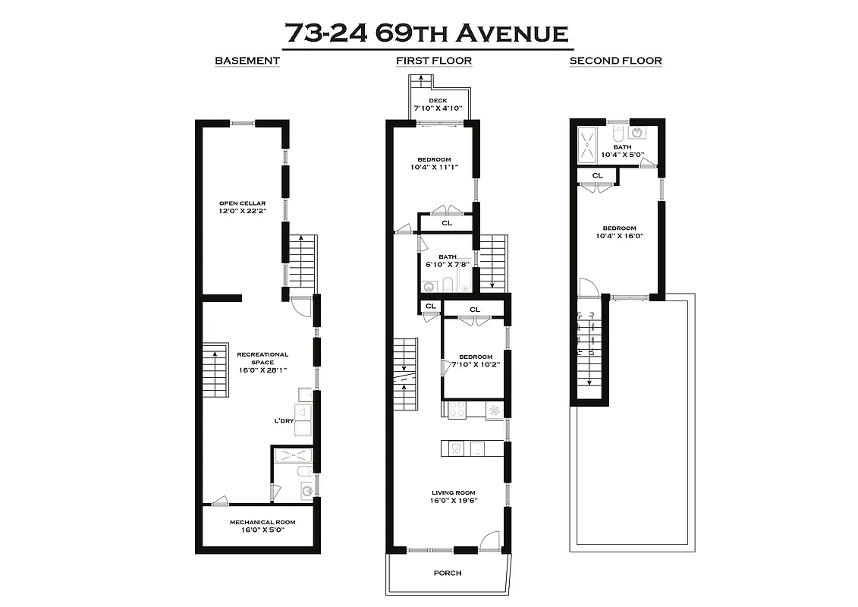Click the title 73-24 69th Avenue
[x=426, y=33]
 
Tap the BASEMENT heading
[x=247, y=61]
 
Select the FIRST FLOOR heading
[x=433, y=61]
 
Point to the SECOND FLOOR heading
[x=615, y=61]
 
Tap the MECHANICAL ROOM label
[x=262, y=522]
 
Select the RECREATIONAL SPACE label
[x=262, y=358]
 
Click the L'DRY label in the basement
[x=284, y=421]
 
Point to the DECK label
[x=438, y=101]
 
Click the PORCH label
[x=448, y=573]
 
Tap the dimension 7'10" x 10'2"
[x=475, y=364]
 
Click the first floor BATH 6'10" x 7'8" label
[x=447, y=261]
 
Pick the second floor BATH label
[x=622, y=147]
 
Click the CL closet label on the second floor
[x=597, y=175]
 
